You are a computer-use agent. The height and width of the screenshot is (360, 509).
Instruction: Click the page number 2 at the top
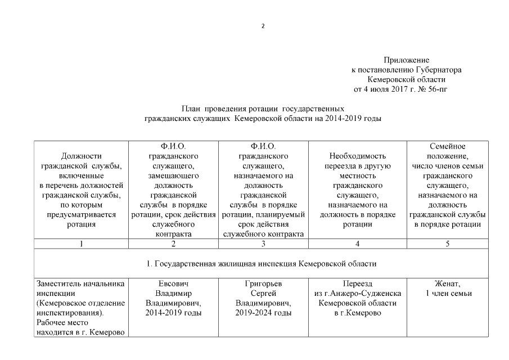pyautogui.click(x=263, y=26)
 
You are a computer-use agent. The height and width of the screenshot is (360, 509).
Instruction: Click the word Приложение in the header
pyautogui.click(x=407, y=60)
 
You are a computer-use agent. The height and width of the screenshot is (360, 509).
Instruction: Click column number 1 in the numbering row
pyautogui.click(x=82, y=244)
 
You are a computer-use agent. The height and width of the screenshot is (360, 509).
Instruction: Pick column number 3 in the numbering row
pyautogui.click(x=264, y=244)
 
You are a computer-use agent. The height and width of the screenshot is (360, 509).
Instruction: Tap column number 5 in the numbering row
pyautogui.click(x=447, y=244)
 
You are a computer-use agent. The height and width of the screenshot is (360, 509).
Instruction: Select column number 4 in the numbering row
pyautogui.click(x=357, y=244)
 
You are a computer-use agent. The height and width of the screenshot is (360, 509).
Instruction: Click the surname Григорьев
pyautogui.click(x=264, y=284)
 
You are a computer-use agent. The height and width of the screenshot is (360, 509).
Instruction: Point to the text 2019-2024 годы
pyautogui.click(x=264, y=313)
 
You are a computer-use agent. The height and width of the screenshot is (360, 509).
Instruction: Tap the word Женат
pyautogui.click(x=447, y=284)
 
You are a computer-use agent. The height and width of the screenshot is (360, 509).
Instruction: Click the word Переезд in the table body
pyautogui.click(x=357, y=284)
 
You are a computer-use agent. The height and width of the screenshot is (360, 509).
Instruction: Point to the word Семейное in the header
pyautogui.click(x=447, y=146)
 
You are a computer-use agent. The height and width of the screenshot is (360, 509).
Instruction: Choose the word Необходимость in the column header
pyautogui.click(x=357, y=156)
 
